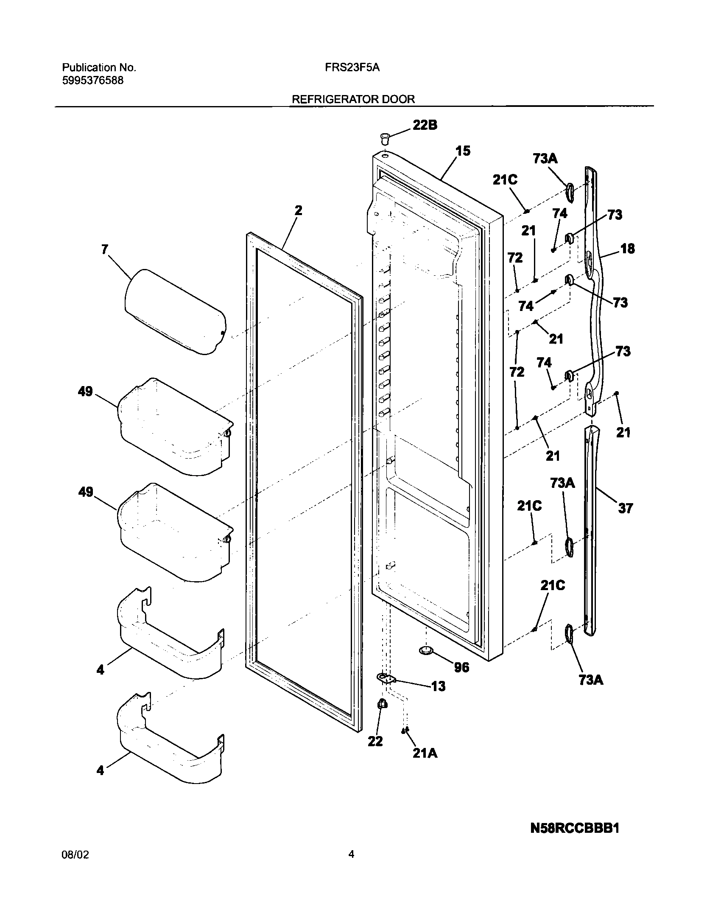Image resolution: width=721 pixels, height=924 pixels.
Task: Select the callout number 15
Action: point(463,151)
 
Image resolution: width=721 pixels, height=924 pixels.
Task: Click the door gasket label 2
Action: point(298,211)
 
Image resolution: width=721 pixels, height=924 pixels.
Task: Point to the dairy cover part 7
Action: point(175,311)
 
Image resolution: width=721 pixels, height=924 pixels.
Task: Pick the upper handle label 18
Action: point(627,249)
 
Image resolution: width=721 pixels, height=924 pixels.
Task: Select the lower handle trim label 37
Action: point(625,508)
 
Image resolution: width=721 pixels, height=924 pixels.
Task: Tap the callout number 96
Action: point(461,668)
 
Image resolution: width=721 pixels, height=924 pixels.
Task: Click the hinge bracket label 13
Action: point(438,686)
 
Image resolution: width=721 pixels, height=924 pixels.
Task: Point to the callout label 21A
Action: point(425,753)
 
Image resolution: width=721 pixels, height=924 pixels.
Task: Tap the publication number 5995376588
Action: point(93,81)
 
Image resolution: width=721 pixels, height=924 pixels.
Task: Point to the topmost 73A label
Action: point(545,159)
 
